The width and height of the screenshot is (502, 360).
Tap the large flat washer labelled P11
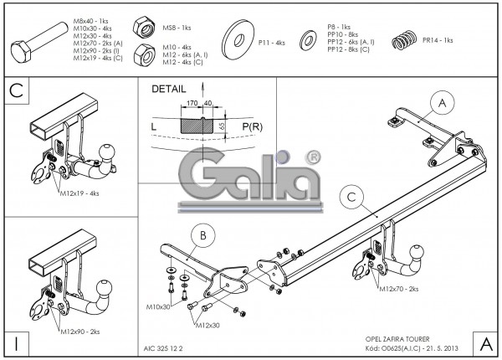click(x=238, y=39)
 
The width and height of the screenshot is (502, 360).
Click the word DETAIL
click(x=169, y=88)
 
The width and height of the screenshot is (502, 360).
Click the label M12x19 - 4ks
click(x=80, y=193)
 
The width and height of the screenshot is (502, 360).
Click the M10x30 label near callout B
click(x=159, y=307)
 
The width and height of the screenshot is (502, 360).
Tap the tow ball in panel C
click(x=107, y=152)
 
